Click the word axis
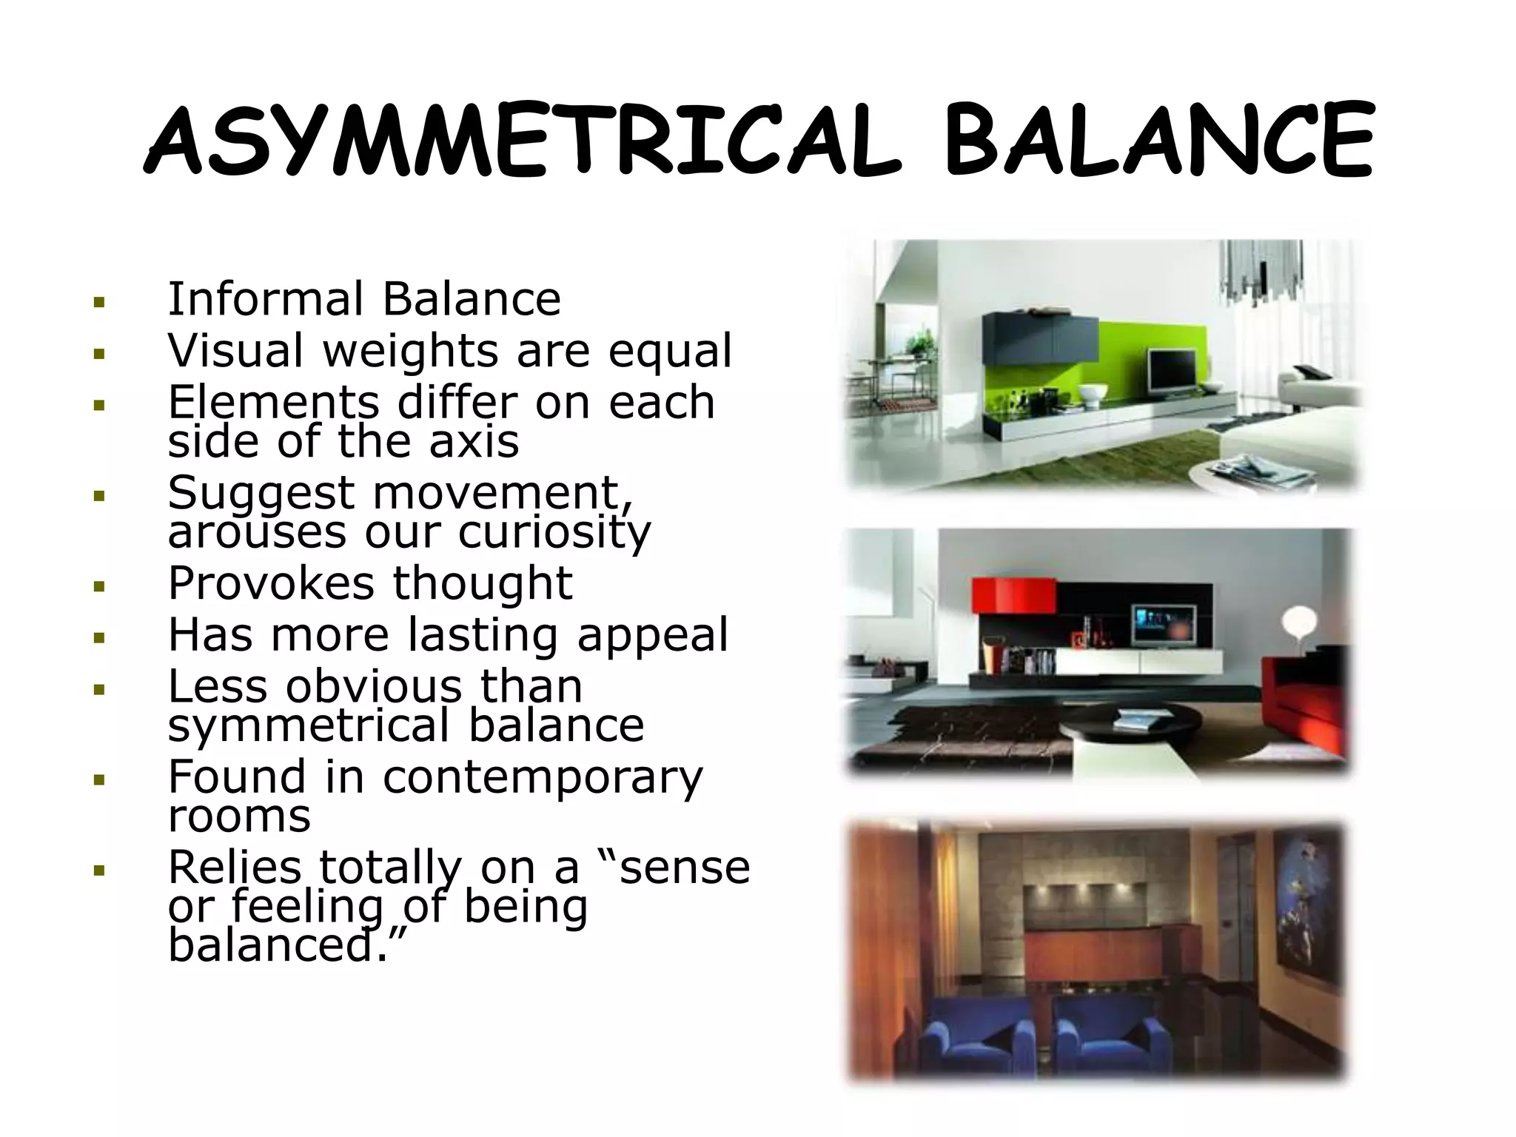474,441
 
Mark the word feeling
308,906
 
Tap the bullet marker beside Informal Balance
98,302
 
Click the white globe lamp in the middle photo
1298,620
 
